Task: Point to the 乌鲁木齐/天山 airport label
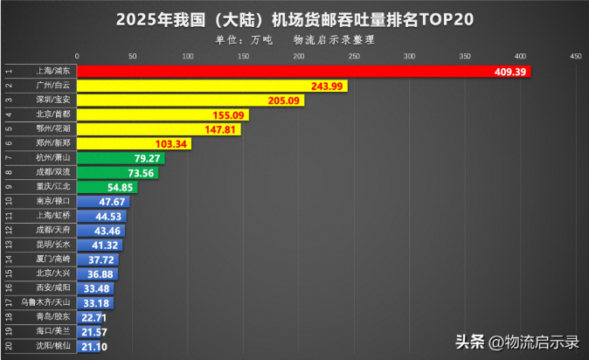click(52, 302)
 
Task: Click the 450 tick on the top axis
click(574, 56)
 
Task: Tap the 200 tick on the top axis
click(299, 56)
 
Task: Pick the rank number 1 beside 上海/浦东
click(9, 72)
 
